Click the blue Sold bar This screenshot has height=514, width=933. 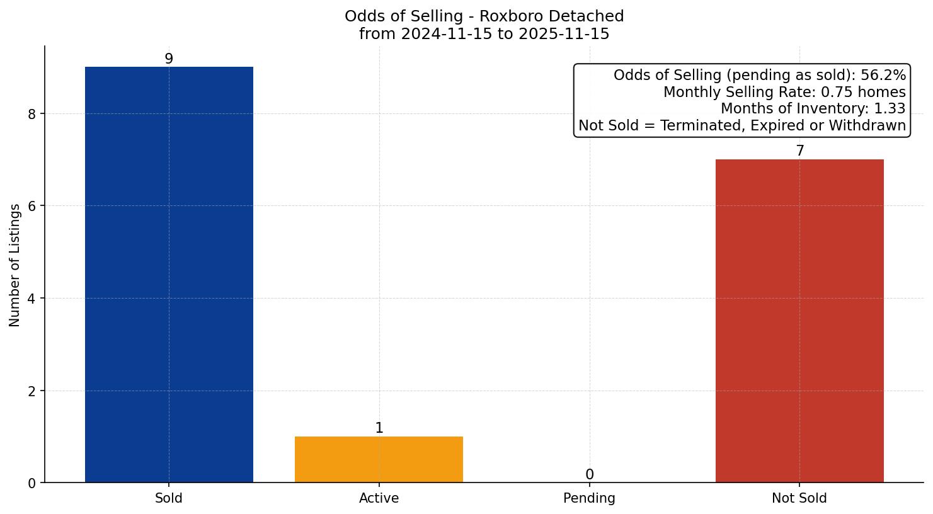169,275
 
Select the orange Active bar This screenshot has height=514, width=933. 379,459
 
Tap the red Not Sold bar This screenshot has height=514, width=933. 799,321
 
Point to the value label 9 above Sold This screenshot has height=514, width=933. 169,59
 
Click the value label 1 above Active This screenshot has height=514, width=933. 379,428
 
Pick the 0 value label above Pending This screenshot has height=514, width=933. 589,474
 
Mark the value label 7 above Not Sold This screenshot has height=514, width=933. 799,151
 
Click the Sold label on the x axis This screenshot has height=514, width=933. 169,498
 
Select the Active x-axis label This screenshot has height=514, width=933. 379,498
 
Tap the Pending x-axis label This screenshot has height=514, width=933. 589,498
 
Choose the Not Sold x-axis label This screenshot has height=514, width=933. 799,498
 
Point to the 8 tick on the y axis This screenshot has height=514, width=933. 32,114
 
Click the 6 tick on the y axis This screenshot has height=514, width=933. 32,206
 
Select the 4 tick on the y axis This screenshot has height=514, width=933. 32,299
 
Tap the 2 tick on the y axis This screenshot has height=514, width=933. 32,391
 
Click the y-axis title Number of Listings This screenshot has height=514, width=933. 15,265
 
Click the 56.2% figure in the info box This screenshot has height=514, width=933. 883,76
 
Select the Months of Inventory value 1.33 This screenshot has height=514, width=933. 890,109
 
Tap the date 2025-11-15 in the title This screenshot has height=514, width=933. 564,34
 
